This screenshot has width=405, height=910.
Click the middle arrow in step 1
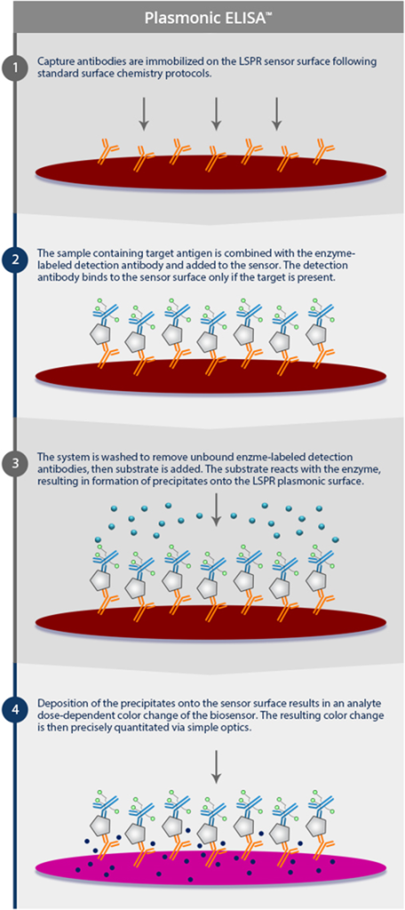pyautogui.click(x=216, y=113)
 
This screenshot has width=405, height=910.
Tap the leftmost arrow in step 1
pyautogui.click(x=143, y=113)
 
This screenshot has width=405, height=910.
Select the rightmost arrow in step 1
pyautogui.click(x=276, y=113)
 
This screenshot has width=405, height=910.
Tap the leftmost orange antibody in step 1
pyautogui.click(x=109, y=150)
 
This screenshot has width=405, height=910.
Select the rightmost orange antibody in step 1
pyautogui.click(x=321, y=150)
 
